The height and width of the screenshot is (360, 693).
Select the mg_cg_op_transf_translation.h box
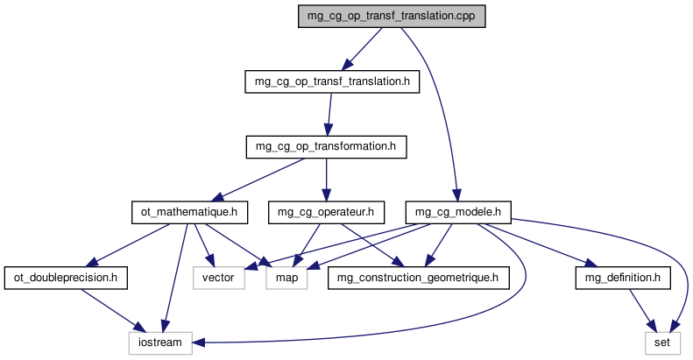click(331, 81)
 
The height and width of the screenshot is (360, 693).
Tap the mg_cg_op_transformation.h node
click(326, 146)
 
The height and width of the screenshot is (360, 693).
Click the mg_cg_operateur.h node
click(326, 211)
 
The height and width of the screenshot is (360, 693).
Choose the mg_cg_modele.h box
click(457, 211)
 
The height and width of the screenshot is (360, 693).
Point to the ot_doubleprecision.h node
click(66, 278)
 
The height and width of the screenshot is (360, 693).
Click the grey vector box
click(216, 278)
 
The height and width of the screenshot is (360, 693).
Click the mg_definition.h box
click(622, 278)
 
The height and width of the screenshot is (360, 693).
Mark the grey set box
click(661, 342)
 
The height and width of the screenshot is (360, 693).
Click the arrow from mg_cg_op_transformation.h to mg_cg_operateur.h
click(326, 179)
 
